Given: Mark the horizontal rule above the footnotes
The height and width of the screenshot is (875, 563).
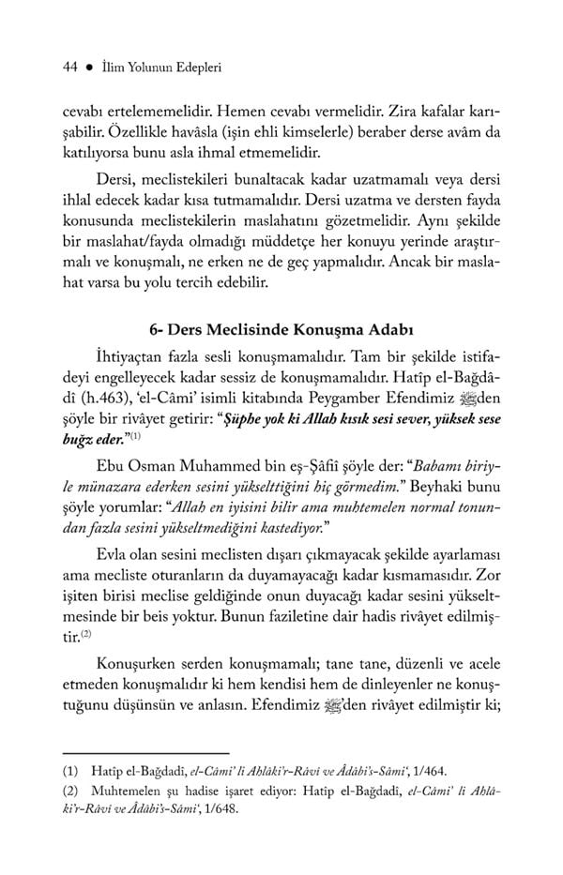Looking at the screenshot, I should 145,751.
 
